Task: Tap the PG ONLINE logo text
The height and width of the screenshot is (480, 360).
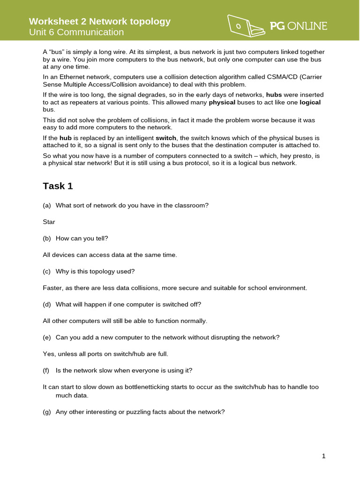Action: point(299,26)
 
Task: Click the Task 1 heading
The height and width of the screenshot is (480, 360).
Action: point(58,186)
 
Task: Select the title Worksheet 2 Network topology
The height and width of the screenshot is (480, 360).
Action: point(100,21)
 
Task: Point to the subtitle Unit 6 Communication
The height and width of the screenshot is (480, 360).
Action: point(76,32)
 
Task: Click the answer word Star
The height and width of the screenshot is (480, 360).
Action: point(49,222)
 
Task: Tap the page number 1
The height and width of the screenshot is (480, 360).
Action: point(323,456)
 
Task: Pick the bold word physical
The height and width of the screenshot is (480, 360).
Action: point(222,102)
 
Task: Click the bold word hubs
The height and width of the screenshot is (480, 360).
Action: point(274,94)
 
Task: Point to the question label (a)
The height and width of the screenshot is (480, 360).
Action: point(47,205)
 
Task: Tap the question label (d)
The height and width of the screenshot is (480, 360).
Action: point(47,304)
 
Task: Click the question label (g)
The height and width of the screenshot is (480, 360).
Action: point(47,412)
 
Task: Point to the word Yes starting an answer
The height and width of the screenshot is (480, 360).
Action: point(48,354)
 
